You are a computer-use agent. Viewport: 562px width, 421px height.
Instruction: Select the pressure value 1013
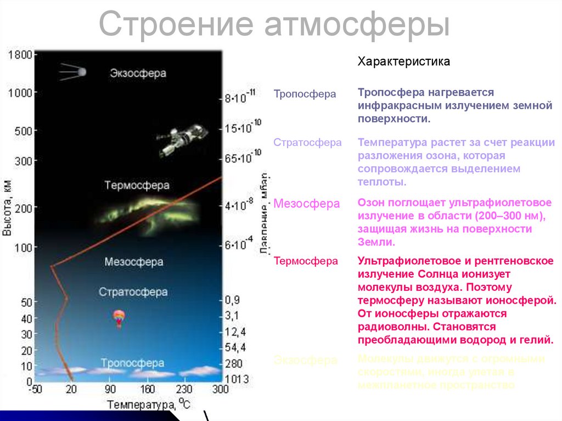pyautogui.click(x=237, y=379)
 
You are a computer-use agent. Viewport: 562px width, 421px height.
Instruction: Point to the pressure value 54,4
pyautogui.click(x=235, y=347)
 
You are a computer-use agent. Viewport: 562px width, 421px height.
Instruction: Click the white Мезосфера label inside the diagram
pyautogui.click(x=133, y=262)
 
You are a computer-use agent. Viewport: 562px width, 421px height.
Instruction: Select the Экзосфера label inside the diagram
pyautogui.click(x=137, y=72)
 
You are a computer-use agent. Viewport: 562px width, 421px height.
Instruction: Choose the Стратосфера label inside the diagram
pyautogui.click(x=133, y=292)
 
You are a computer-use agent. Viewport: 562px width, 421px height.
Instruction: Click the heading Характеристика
pyautogui.click(x=403, y=61)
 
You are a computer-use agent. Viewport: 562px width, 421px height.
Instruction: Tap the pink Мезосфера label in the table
pyautogui.click(x=307, y=204)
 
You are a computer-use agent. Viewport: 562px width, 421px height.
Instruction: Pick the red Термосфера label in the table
pyautogui.click(x=306, y=261)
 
